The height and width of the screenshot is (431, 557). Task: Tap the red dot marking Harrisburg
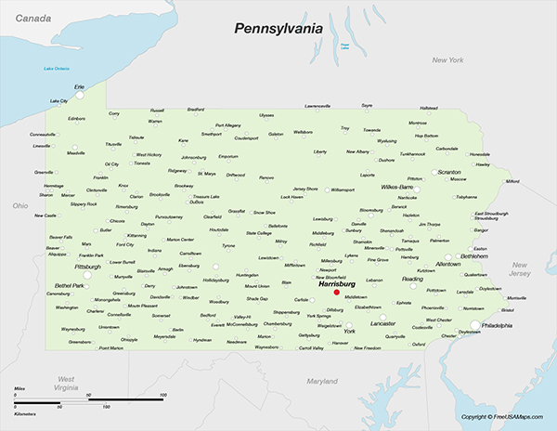[x=336, y=293]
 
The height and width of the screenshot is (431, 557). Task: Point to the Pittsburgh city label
[x=88, y=267]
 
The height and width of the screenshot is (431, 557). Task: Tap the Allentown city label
[x=448, y=265]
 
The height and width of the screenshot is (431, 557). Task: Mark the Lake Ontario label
[x=57, y=69]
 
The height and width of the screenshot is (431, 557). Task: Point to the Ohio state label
[x=20, y=204]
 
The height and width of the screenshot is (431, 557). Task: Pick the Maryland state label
[x=322, y=381]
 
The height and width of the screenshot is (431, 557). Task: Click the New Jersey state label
[x=519, y=269]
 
